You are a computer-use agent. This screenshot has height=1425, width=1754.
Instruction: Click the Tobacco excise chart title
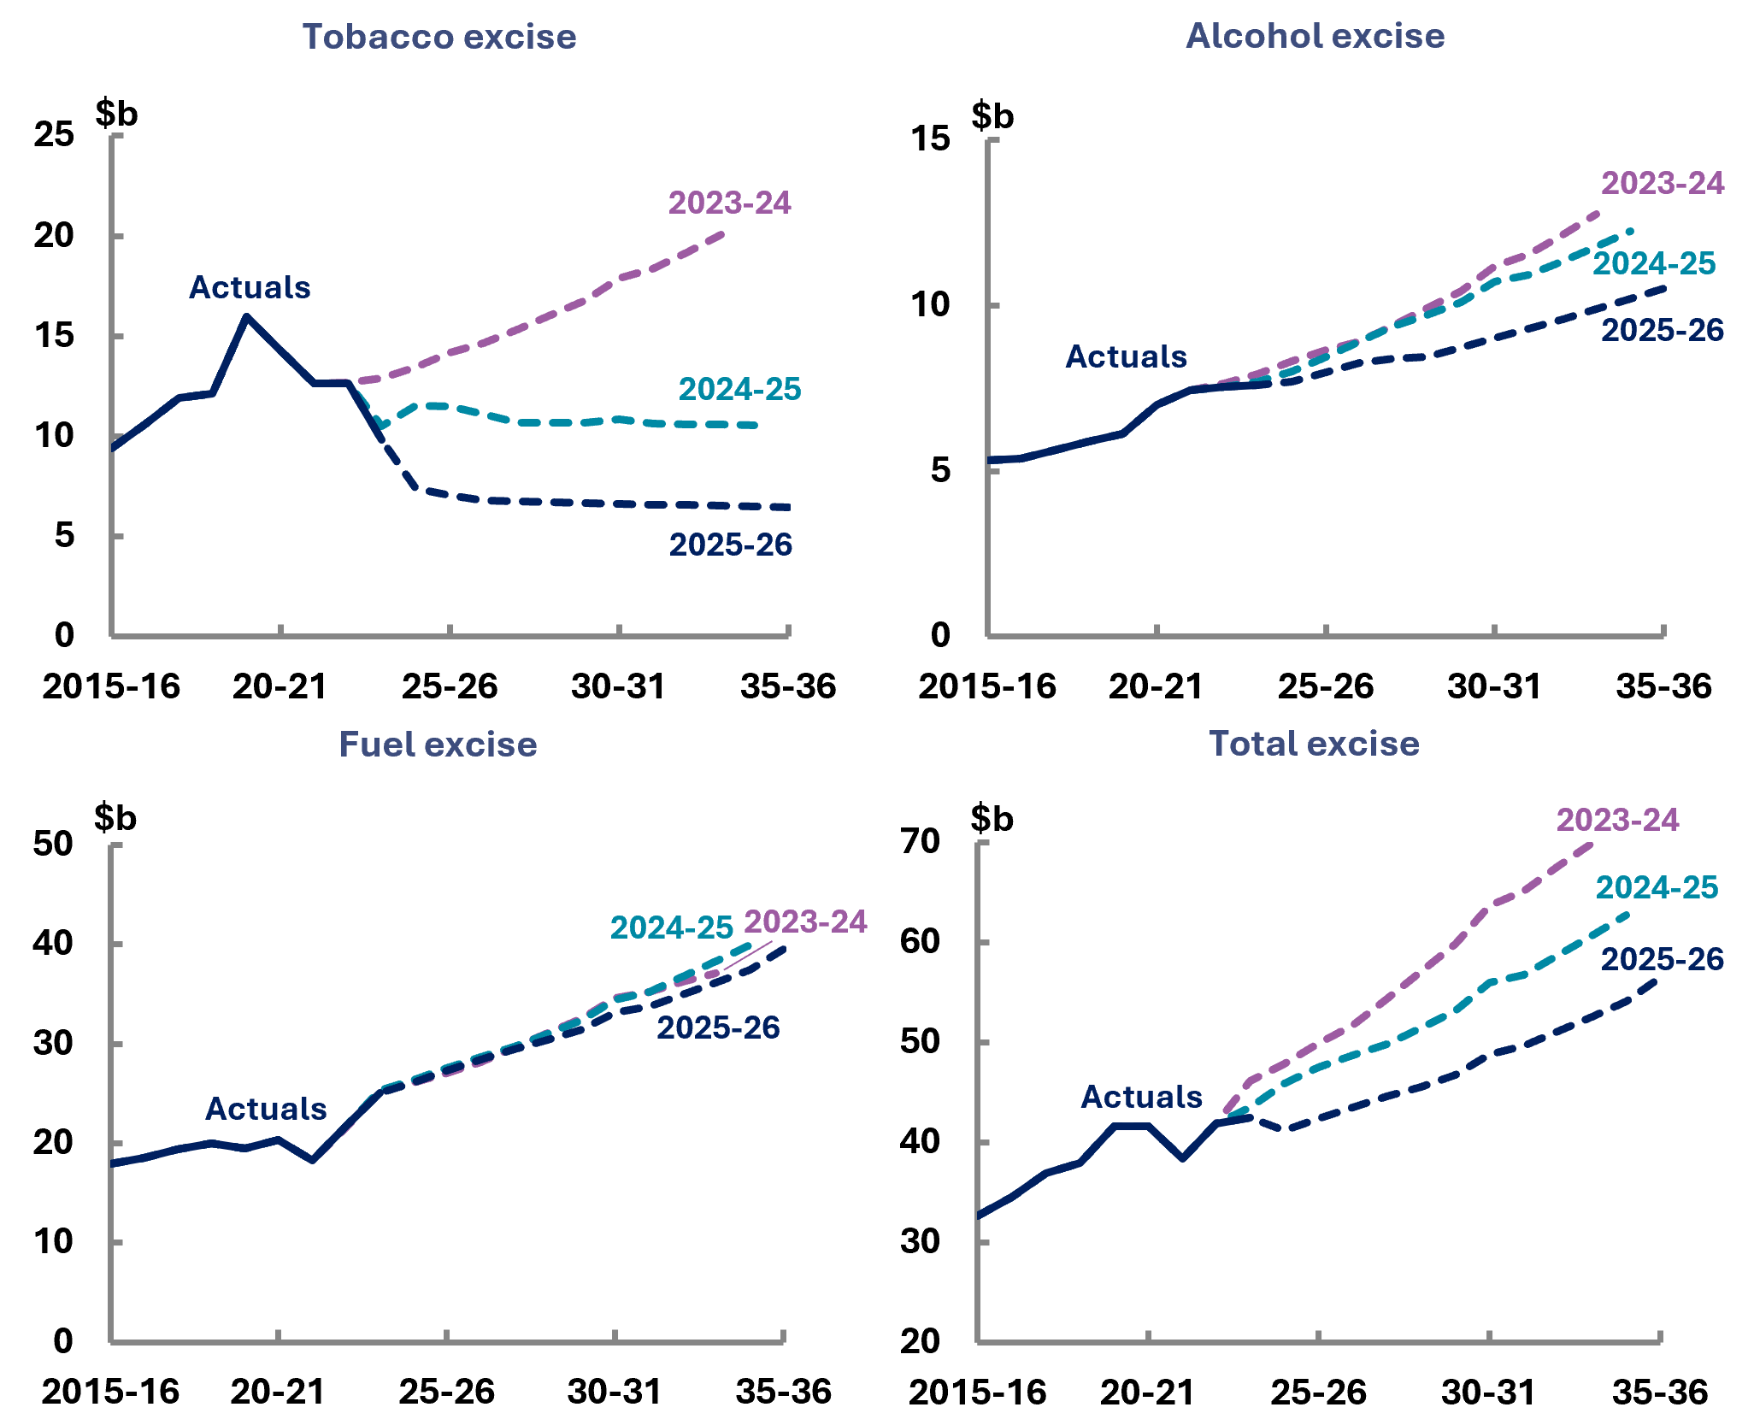click(439, 38)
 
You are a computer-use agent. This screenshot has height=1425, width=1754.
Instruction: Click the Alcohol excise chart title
click(1315, 37)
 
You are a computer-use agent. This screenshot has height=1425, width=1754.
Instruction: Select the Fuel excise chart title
click(438, 745)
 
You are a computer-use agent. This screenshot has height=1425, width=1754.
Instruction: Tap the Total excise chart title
click(1314, 744)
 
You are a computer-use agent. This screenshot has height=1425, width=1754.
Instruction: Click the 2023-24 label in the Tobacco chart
click(729, 203)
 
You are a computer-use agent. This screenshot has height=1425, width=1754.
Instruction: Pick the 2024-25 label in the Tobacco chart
click(739, 390)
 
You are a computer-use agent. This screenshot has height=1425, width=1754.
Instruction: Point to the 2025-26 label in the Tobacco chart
click(731, 545)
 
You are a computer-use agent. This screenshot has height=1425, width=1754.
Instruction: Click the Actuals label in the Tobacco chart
click(250, 288)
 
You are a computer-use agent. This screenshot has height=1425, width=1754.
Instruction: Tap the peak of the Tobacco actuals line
click(247, 317)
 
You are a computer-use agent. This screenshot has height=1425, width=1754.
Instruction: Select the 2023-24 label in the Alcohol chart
click(1663, 184)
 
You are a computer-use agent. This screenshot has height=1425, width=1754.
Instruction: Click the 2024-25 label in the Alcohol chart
click(1654, 264)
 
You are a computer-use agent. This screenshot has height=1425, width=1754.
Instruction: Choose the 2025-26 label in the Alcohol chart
click(1663, 331)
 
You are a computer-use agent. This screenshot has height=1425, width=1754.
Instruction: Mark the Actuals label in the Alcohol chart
click(1126, 357)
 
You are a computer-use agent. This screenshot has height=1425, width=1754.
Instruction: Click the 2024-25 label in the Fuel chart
click(672, 928)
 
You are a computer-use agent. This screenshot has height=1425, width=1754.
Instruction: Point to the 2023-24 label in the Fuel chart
click(805, 922)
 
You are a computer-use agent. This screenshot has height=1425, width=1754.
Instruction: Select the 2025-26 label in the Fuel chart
click(718, 1028)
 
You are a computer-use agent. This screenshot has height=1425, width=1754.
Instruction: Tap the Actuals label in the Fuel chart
click(266, 1110)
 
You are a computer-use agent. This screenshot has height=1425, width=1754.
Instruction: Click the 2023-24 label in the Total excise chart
click(1617, 821)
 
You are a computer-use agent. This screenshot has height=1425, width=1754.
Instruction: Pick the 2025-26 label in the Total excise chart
click(1662, 960)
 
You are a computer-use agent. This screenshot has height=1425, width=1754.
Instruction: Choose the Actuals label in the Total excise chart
click(1141, 1098)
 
